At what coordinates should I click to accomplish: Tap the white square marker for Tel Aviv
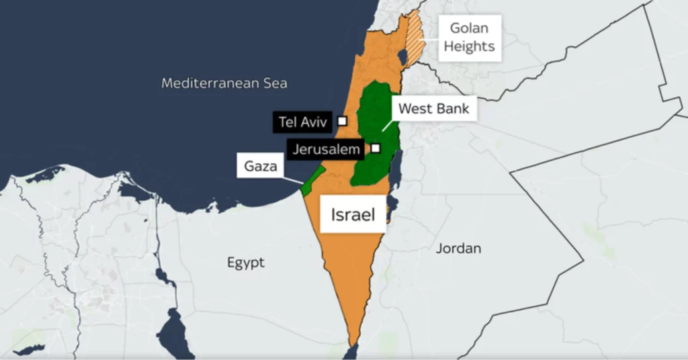[343, 121]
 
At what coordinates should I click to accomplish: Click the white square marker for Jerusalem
[376, 148]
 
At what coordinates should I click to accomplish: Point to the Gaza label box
[261, 166]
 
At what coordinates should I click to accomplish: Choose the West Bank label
[434, 108]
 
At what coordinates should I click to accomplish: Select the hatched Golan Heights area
[415, 34]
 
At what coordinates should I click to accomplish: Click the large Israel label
[352, 214]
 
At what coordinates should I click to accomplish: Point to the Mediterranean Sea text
[224, 83]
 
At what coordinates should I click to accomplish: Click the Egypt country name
[245, 263]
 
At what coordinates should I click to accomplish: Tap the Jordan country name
[458, 249]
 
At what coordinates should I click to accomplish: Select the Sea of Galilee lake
[402, 56]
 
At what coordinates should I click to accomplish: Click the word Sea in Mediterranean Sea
[275, 83]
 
